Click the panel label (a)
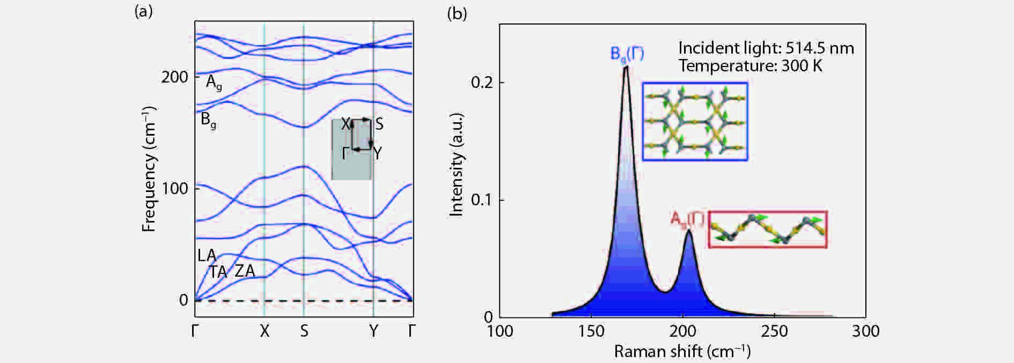(143, 12)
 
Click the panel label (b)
(457, 14)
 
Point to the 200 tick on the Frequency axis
(174, 77)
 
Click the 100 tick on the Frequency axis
(174, 188)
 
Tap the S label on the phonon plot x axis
(304, 331)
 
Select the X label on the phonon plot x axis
(264, 331)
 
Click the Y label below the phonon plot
(373, 331)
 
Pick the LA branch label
(207, 255)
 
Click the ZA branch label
(245, 271)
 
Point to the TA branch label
(218, 272)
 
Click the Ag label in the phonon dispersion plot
(214, 83)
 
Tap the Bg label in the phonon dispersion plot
(208, 120)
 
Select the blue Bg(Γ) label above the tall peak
(627, 54)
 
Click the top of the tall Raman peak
(626, 68)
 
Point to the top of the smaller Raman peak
(688, 231)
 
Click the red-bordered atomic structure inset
(768, 229)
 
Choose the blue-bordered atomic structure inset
(695, 121)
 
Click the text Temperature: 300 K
(750, 66)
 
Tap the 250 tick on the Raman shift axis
(774, 331)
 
